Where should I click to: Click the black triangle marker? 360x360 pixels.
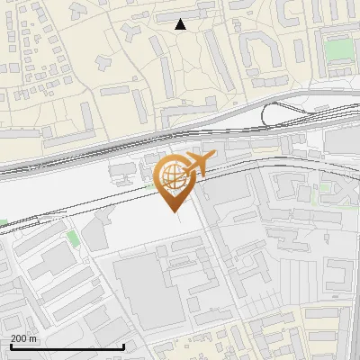181,24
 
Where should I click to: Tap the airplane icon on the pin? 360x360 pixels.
198,164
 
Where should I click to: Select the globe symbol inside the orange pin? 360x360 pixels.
171,175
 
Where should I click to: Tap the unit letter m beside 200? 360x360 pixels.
34,339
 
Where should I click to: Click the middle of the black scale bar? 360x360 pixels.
67,346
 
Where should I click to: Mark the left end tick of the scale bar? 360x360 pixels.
10,345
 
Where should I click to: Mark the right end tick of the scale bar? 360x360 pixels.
123,345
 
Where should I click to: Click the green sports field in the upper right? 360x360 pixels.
339,49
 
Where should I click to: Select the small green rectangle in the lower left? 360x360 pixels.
72,238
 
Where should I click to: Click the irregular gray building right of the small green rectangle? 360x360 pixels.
96,236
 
